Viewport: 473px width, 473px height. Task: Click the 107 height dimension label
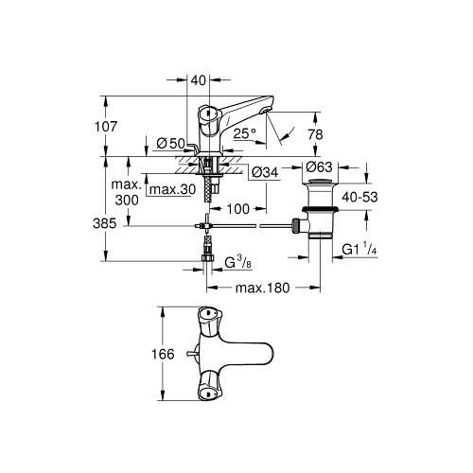tap(106, 126)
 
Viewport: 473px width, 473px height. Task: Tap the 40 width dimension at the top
tap(199, 80)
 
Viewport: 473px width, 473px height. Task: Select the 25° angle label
tap(245, 133)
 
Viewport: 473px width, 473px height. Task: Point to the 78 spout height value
tap(316, 134)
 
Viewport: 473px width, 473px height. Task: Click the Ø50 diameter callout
tap(170, 144)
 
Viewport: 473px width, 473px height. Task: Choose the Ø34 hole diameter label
tap(266, 172)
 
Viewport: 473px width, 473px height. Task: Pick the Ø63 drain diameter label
tap(319, 166)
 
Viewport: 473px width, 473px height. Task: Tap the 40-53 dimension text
tap(359, 197)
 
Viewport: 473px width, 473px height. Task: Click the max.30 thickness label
tap(172, 189)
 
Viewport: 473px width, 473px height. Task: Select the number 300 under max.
tap(127, 200)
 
